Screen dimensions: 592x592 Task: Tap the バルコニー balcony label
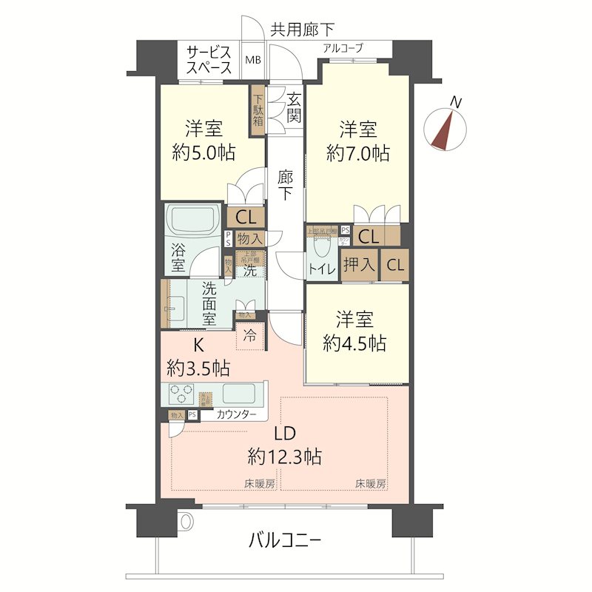tap(285, 541)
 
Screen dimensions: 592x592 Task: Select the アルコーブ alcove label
tap(343, 48)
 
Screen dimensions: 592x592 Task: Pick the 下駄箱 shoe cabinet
tap(258, 110)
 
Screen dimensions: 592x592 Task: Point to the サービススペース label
tap(209, 59)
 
